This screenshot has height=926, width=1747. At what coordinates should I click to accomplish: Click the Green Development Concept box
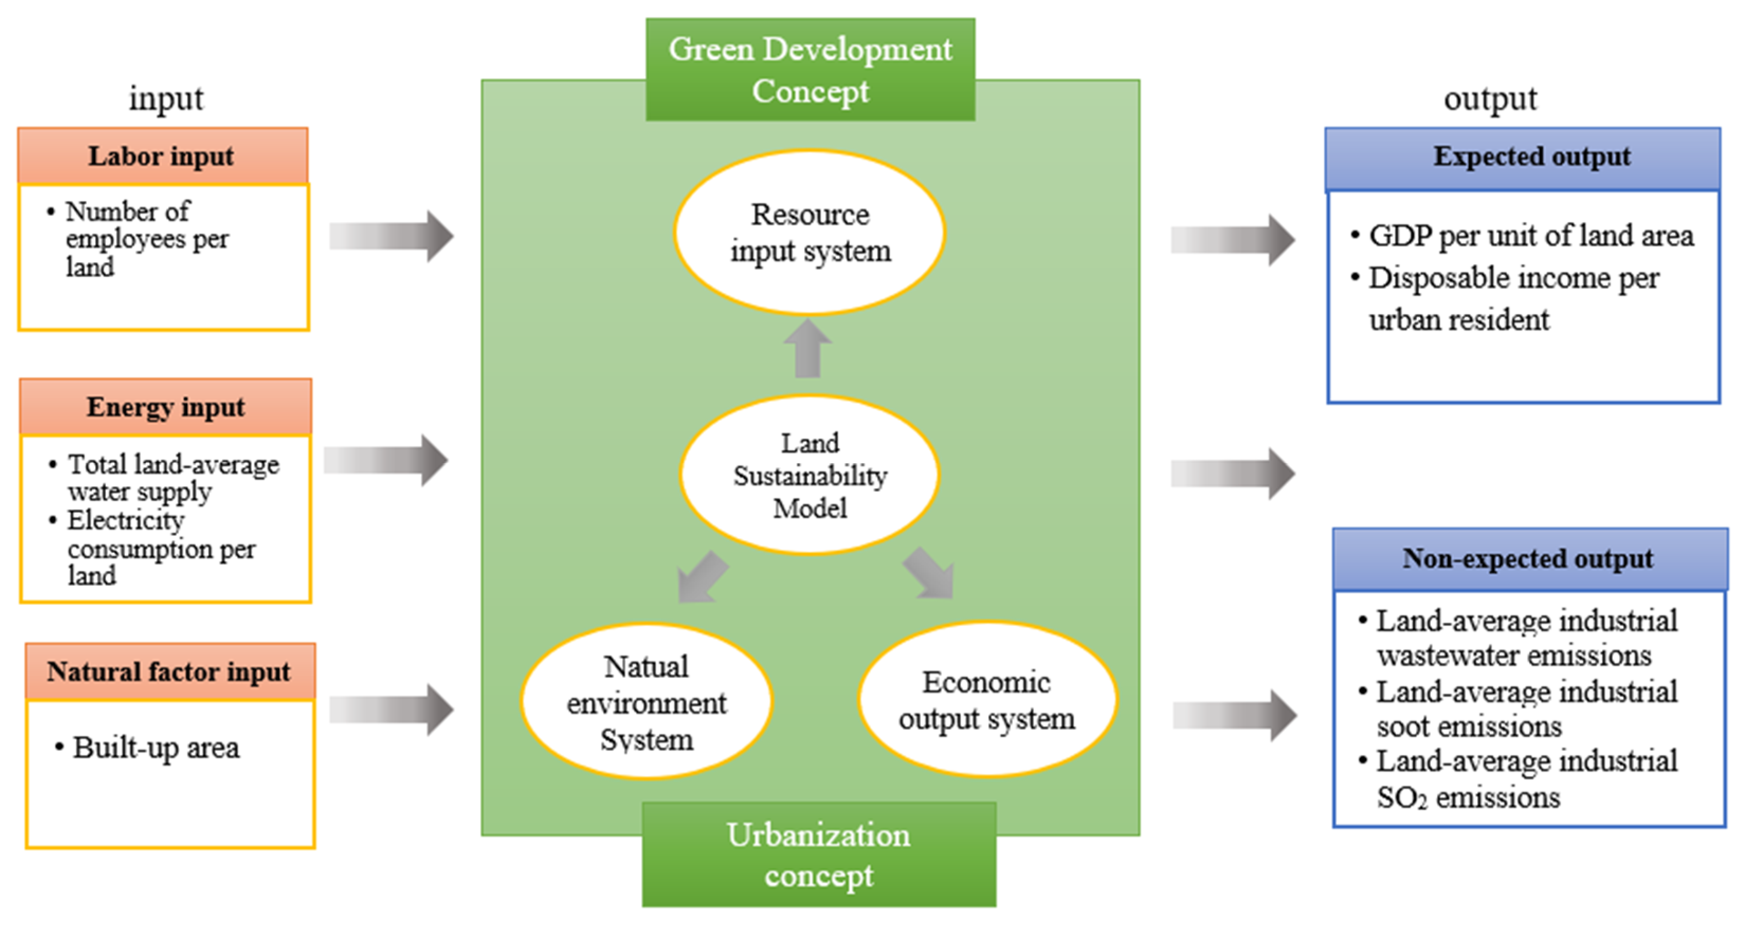(810, 70)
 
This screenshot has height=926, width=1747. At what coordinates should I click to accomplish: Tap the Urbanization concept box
(819, 855)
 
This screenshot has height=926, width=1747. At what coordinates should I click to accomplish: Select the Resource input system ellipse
(810, 233)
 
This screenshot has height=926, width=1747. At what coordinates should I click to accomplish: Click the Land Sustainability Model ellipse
(810, 475)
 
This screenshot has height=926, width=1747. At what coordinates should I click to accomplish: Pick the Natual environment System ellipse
(646, 701)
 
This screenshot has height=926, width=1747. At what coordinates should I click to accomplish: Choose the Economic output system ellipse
(987, 700)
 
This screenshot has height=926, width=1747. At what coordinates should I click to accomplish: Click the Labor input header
(163, 156)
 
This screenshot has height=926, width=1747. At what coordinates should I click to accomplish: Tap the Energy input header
(166, 407)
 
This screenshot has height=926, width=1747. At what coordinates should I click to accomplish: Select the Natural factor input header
(170, 671)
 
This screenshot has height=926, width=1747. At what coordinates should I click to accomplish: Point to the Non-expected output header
(1529, 559)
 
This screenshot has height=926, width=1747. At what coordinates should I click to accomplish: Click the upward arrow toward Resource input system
(808, 349)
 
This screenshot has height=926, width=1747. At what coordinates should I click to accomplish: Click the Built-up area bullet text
(156, 748)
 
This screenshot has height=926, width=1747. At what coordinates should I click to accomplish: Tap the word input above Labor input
(166, 99)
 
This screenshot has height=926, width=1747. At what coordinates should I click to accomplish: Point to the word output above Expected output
(1490, 99)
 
